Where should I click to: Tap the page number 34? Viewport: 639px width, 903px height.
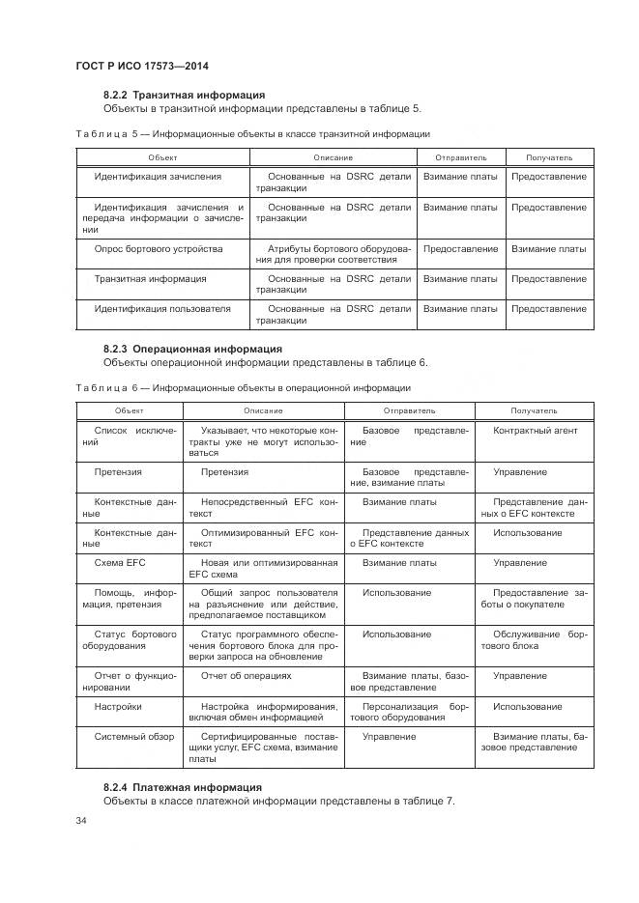81,820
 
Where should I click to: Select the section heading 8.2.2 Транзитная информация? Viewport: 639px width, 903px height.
184,95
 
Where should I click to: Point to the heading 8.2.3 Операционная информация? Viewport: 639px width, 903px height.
192,349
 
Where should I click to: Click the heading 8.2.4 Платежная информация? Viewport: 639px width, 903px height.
182,787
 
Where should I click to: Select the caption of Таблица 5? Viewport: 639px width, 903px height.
252,133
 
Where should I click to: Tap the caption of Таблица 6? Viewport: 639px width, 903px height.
243,387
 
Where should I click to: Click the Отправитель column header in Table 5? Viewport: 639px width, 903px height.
460,156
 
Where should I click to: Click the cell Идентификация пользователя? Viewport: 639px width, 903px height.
161,309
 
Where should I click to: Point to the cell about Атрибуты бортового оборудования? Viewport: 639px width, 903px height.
334,254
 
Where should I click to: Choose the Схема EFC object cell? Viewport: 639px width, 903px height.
120,561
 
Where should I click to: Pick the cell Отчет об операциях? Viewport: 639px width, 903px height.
246,676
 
